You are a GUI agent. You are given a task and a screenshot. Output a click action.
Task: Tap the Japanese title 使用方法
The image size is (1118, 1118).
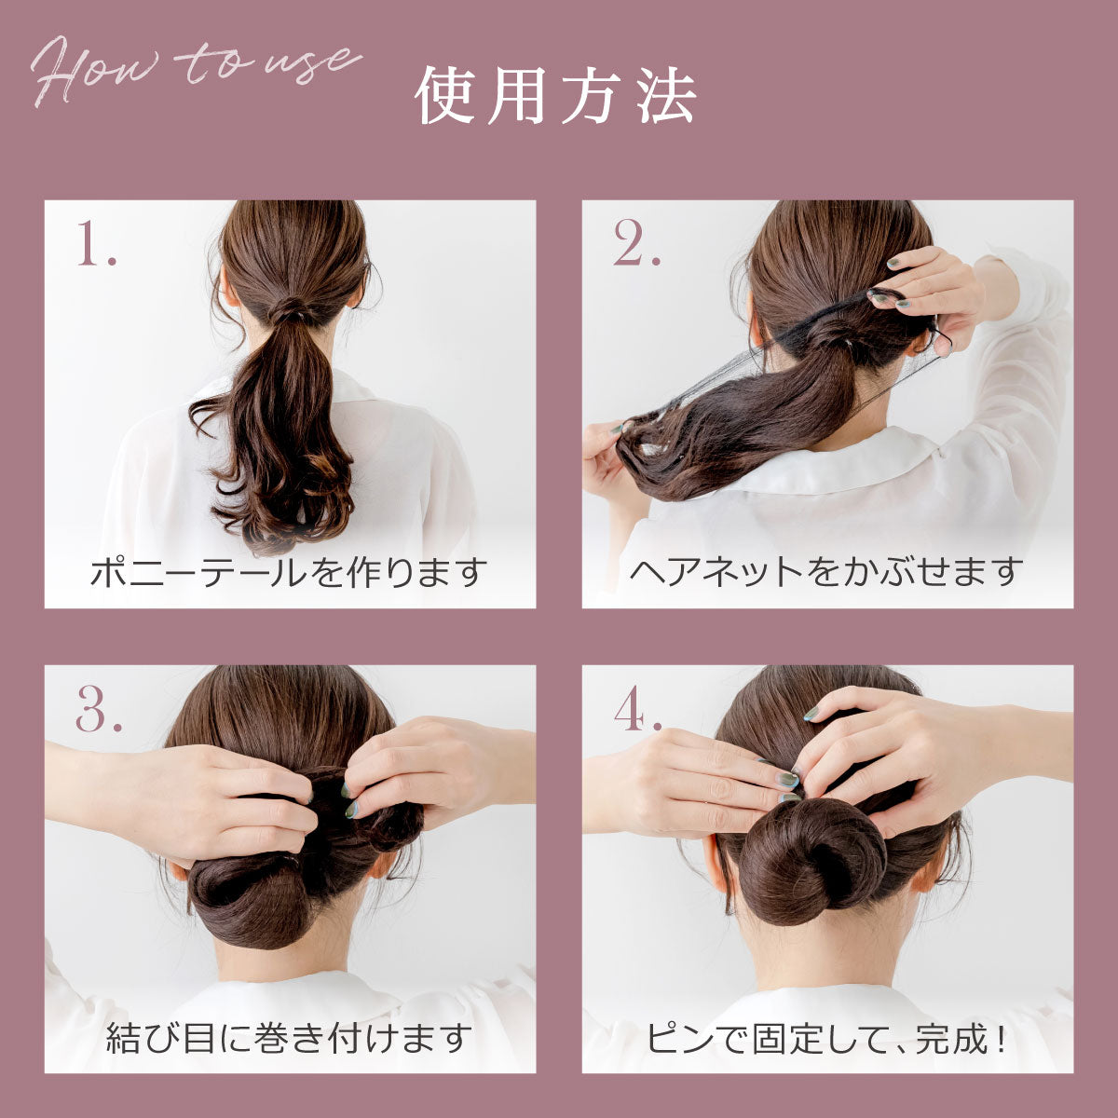coord(555,96)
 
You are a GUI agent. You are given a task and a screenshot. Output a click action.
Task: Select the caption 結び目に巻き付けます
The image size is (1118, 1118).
coord(288,1038)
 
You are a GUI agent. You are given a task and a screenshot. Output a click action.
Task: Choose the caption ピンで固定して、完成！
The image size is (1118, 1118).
coord(826,1038)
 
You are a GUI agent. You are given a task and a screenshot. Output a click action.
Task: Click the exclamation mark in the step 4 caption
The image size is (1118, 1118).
coord(1001,1038)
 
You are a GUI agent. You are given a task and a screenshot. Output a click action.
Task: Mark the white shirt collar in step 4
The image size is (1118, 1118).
coord(824,995)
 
